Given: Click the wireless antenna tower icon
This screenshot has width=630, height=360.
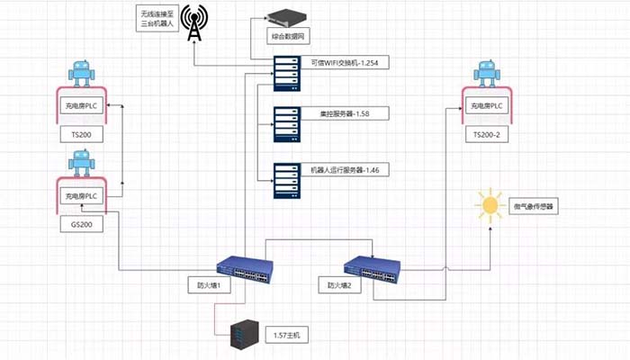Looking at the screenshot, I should tap(193, 23).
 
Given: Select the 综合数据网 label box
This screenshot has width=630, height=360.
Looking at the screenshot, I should tap(289, 37).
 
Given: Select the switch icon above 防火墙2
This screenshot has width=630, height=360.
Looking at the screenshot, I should tap(373, 266).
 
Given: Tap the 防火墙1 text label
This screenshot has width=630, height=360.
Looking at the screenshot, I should tap(209, 286).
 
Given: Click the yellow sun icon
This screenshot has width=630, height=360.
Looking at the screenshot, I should tap(490, 205).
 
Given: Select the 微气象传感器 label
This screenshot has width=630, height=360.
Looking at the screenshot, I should tap(535, 206).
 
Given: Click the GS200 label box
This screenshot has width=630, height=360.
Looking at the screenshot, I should tap(82, 223).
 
